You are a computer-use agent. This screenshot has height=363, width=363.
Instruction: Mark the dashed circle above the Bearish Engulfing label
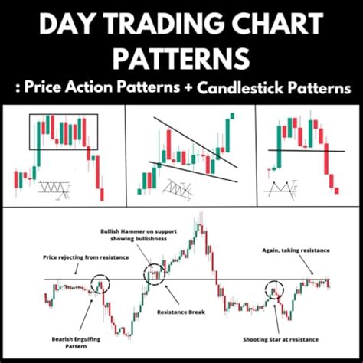[x=100, y=284]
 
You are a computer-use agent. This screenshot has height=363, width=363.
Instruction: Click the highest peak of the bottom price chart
[x=200, y=217]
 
